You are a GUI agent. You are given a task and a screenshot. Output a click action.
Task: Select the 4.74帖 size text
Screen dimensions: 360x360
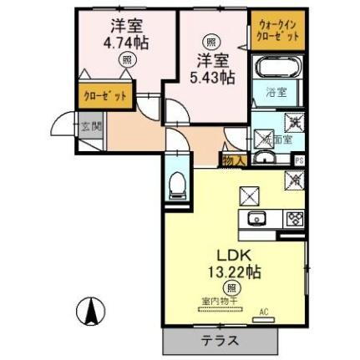point(125,41)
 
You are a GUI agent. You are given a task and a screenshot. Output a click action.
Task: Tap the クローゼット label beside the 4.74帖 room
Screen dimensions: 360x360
point(104,97)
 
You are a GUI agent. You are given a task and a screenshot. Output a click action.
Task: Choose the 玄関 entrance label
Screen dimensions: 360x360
point(91,127)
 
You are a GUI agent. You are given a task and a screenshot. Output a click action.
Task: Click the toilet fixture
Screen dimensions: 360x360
point(176,185)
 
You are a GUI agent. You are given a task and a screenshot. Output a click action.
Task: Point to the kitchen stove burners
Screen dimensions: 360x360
point(294,220)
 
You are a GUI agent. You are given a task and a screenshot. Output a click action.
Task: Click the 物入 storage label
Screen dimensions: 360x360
point(232,160)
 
